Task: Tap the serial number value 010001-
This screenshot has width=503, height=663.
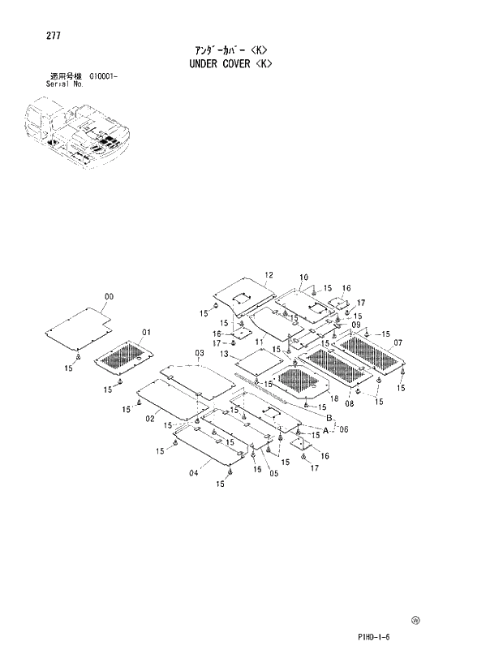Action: pyautogui.click(x=103, y=76)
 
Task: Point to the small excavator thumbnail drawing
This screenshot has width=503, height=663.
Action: pyautogui.click(x=75, y=131)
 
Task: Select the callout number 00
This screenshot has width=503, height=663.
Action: pyautogui.click(x=109, y=297)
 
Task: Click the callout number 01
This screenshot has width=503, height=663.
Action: pyautogui.click(x=147, y=332)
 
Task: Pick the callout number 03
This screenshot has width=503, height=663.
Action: pyautogui.click(x=199, y=353)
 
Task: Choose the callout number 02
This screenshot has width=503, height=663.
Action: pyautogui.click(x=150, y=418)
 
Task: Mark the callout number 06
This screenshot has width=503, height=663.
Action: pyautogui.click(x=343, y=430)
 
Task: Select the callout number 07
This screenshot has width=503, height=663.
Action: pyautogui.click(x=398, y=342)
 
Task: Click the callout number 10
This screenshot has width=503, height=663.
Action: pyautogui.click(x=303, y=278)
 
